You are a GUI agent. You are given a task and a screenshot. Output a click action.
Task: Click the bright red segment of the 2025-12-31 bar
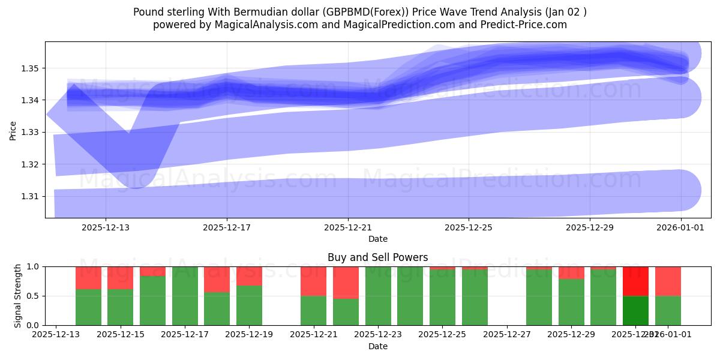pyautogui.click(x=635, y=281)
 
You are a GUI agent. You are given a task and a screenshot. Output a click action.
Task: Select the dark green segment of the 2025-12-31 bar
pyautogui.click(x=635, y=310)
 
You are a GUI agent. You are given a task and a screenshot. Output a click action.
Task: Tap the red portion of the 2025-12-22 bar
pyautogui.click(x=346, y=282)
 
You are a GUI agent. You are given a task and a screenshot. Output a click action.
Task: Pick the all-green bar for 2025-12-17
pyautogui.click(x=185, y=296)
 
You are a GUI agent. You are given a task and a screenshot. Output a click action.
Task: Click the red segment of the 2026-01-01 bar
pyautogui.click(x=668, y=281)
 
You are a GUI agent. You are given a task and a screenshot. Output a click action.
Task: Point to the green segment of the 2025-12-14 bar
pyautogui.click(x=88, y=307)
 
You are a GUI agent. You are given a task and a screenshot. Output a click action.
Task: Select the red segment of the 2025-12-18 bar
pyautogui.click(x=217, y=279)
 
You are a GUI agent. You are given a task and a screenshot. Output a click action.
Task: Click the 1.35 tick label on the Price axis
pyautogui.click(x=30, y=68)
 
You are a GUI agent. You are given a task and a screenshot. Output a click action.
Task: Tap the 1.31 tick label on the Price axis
pyautogui.click(x=30, y=196)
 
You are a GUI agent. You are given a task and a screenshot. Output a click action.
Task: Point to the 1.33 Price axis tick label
pyautogui.click(x=30, y=132)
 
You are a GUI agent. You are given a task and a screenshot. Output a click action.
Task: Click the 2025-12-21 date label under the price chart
pyautogui.click(x=348, y=227)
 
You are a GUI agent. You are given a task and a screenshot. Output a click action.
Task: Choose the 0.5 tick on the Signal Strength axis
pyautogui.click(x=34, y=296)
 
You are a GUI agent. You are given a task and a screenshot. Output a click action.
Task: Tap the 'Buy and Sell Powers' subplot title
pyautogui.click(x=378, y=257)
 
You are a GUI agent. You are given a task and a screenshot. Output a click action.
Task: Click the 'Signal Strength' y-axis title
pyautogui.click(x=18, y=295)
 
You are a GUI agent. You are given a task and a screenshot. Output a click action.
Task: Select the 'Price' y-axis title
pyautogui.click(x=13, y=130)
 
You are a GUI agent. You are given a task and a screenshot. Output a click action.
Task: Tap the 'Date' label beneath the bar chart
pyautogui.click(x=378, y=346)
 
